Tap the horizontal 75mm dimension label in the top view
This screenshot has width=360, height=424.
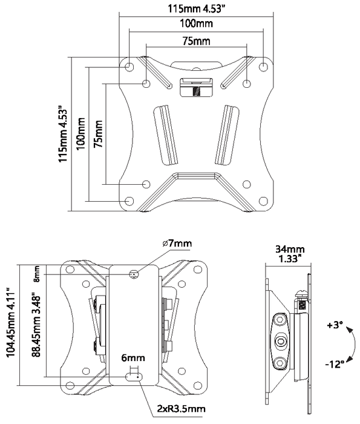coord(197,41)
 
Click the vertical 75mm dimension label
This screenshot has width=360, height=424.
coord(98,133)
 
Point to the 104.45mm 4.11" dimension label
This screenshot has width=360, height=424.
coord(10,325)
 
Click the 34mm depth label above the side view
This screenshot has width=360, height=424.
coord(290,249)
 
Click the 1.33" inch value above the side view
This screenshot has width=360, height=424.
coord(290,259)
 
